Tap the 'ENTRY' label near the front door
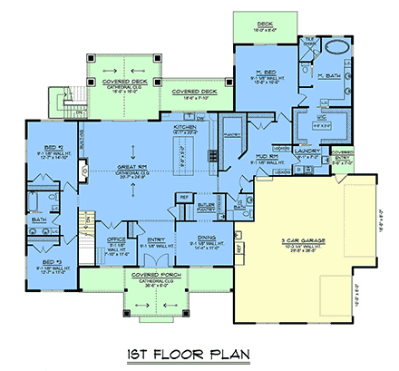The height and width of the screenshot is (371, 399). pyautogui.click(x=156, y=242)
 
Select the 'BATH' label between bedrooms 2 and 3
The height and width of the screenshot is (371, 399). pyautogui.click(x=39, y=219)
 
